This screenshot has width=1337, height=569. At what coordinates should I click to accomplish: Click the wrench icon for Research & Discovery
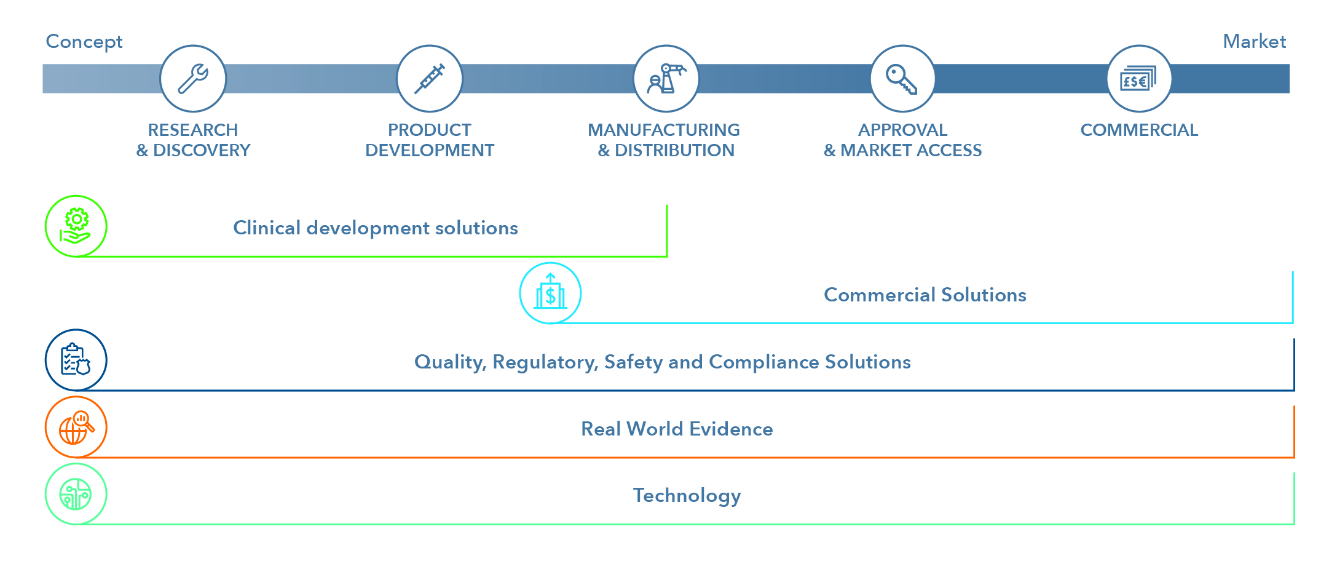193,79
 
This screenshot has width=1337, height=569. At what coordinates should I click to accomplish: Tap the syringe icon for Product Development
430,79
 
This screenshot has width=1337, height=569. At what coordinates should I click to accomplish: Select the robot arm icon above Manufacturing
666,79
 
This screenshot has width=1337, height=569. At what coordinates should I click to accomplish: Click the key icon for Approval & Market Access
902,79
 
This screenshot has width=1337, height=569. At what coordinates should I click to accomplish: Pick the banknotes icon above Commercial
1138,79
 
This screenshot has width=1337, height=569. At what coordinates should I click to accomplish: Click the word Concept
84,42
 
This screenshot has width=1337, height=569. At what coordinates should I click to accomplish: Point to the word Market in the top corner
1254,42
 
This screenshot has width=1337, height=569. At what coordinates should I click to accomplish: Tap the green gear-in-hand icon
76,226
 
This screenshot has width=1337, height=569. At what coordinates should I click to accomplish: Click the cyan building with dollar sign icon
550,293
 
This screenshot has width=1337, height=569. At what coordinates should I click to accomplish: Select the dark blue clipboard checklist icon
76,360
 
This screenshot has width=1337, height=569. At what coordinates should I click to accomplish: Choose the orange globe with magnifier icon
76,427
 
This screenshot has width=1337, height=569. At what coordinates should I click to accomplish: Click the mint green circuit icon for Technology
76,494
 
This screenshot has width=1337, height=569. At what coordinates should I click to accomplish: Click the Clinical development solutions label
376,228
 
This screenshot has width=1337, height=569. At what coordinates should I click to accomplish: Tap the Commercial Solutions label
925,295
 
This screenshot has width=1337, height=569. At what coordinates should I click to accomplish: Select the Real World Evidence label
677,429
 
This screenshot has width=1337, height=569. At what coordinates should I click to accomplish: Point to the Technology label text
687,496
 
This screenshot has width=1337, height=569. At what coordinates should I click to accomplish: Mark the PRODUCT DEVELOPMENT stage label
430,140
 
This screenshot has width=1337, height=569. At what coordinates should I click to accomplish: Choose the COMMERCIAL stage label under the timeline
1139,130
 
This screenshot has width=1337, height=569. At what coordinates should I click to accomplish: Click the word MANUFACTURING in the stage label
664,130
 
